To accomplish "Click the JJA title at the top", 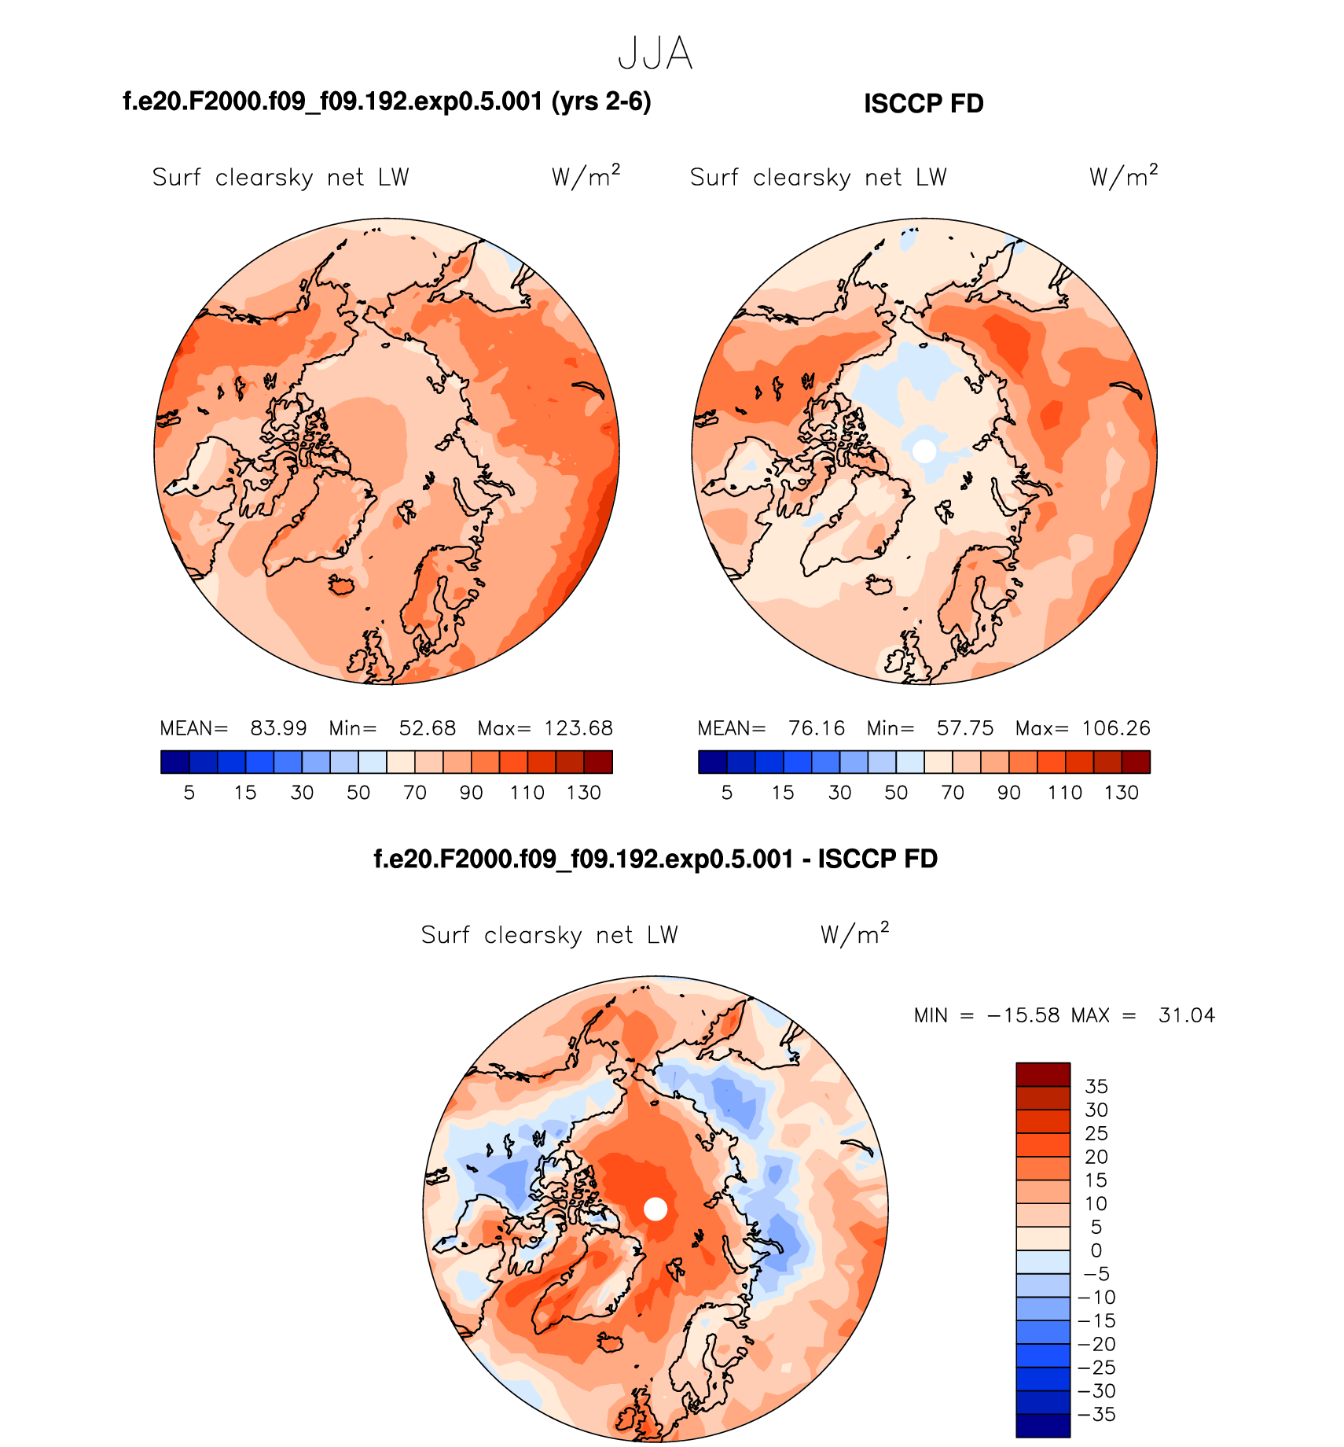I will click(655, 54).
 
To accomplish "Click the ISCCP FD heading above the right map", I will click(924, 104).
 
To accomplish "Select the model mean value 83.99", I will click(278, 728).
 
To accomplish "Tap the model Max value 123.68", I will click(578, 728).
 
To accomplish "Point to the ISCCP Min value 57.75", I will click(965, 728).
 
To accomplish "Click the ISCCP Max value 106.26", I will click(1116, 728).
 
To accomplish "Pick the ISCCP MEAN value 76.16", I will click(817, 728).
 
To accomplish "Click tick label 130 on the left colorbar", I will click(584, 793).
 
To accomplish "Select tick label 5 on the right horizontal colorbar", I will click(727, 793).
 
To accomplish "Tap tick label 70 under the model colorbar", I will click(415, 793).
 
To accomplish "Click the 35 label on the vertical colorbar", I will click(1096, 1087).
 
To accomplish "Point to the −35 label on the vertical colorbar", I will click(1097, 1415).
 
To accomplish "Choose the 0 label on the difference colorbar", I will click(1096, 1250).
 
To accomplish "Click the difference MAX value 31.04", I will click(1187, 1016).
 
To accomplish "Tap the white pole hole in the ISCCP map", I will click(925, 451).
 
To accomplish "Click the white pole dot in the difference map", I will click(655, 1210).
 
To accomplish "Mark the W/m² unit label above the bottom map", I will click(854, 934).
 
